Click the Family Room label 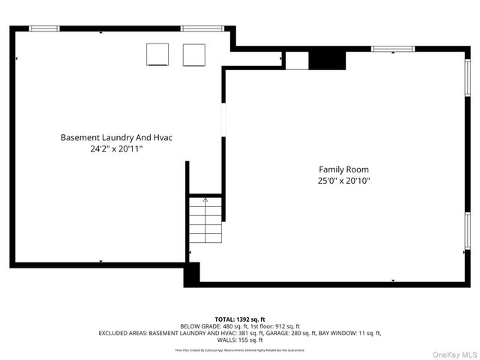(x=343, y=169)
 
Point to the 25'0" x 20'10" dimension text (x=343, y=181)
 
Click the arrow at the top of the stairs (x=205, y=200)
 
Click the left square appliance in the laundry (x=157, y=55)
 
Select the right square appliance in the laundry (x=194, y=55)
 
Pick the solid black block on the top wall (x=327, y=58)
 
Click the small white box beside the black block (x=298, y=60)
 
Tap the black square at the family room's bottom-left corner (x=192, y=274)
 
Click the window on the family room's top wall (x=394, y=49)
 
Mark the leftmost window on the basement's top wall (x=44, y=28)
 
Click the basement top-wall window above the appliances (x=202, y=28)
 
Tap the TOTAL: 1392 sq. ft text (x=239, y=319)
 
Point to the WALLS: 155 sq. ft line (x=239, y=340)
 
